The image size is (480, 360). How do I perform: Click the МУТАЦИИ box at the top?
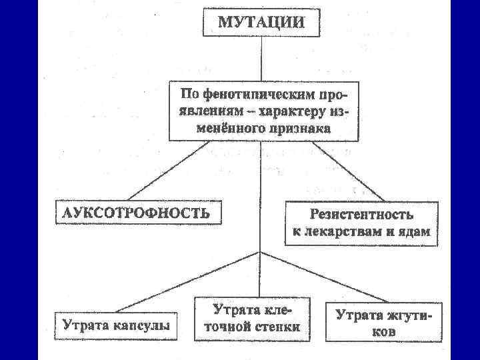[x=261, y=21]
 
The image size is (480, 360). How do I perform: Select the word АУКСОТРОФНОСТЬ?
[x=137, y=213]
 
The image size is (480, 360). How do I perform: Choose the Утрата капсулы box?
[x=115, y=325]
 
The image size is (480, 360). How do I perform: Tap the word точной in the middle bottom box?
[x=226, y=327]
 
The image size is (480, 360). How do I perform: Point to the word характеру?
[x=296, y=111]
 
